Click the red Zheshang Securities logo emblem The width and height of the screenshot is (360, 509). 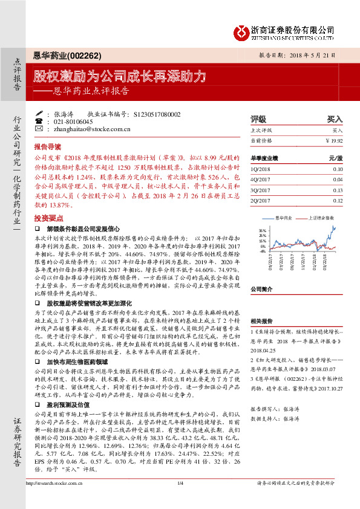[x=241, y=31]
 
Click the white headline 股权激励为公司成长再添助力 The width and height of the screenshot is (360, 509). [x=119, y=77]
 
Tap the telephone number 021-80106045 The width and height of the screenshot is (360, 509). [x=73, y=122]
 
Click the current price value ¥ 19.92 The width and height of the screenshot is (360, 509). [x=333, y=140]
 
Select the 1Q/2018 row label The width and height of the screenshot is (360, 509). [x=262, y=169]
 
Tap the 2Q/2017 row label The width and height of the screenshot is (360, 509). [x=262, y=200]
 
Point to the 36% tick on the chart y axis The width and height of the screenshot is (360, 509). [x=261, y=230]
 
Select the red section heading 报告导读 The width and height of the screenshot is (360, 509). [x=48, y=147]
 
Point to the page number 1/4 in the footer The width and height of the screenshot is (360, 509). [x=180, y=499]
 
